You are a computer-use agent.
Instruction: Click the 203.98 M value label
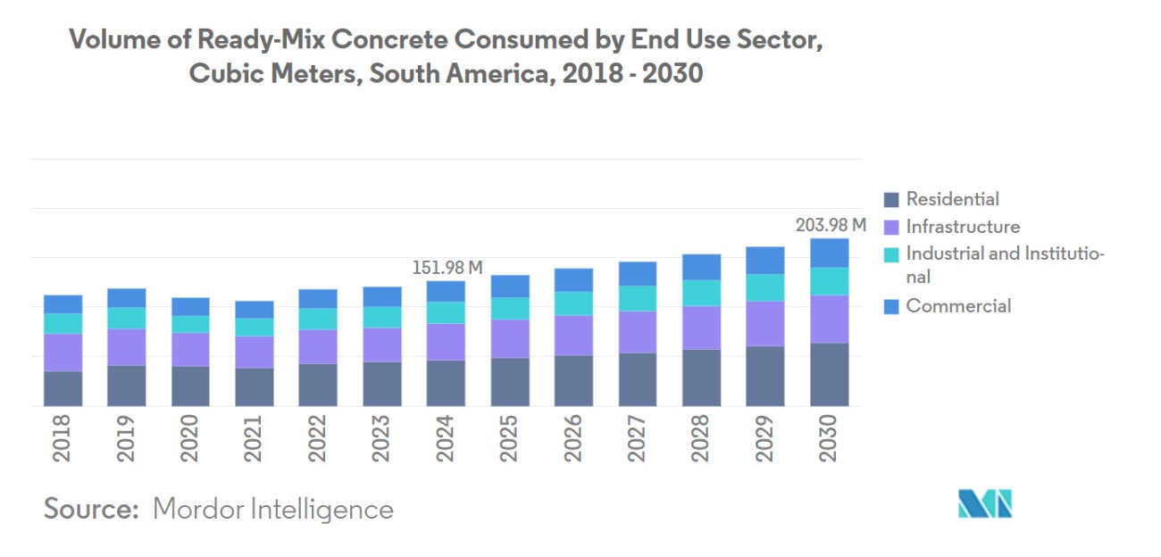click(x=831, y=225)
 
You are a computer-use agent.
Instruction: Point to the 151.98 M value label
click(x=447, y=267)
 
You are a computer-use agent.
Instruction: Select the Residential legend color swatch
click(x=890, y=200)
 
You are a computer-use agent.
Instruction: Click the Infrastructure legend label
click(x=963, y=227)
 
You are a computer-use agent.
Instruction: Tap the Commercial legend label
click(x=958, y=306)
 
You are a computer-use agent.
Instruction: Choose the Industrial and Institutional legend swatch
click(x=890, y=254)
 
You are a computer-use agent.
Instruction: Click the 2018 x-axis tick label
click(x=63, y=438)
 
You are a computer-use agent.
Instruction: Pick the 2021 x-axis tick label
click(x=255, y=438)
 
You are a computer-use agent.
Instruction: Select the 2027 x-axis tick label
click(x=638, y=438)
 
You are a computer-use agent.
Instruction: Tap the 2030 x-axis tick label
click(x=830, y=438)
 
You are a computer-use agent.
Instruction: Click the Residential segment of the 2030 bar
click(x=830, y=374)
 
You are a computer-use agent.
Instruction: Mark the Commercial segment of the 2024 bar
click(x=446, y=291)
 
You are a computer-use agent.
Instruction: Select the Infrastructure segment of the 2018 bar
click(x=63, y=353)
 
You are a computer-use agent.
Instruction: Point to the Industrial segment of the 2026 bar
click(x=573, y=303)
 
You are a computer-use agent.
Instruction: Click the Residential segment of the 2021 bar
click(x=255, y=387)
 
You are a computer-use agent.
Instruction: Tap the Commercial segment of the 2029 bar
click(x=765, y=261)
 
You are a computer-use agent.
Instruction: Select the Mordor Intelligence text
click(x=273, y=509)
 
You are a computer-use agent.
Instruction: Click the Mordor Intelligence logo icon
click(x=985, y=503)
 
